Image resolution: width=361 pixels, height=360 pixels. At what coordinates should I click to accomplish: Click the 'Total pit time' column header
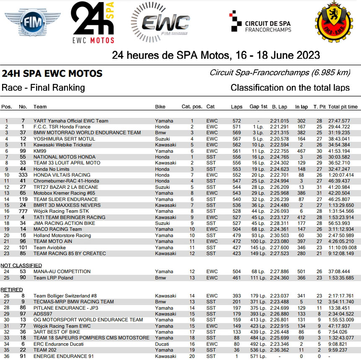pos(343,107)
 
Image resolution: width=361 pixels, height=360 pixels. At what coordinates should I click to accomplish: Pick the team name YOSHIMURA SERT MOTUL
pos(64,139)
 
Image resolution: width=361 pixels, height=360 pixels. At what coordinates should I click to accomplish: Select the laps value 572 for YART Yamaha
pos(236,121)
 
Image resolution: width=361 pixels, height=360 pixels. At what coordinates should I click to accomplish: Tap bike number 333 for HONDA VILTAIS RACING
pos(23,175)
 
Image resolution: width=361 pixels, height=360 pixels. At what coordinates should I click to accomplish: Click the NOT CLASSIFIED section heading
pos(21,266)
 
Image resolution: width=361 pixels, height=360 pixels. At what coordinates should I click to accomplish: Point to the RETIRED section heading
pos(11,290)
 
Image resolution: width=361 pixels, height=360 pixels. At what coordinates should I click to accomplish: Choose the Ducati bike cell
pos(162,344)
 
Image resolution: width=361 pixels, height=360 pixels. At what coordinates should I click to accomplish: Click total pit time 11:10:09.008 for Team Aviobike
pos(343,248)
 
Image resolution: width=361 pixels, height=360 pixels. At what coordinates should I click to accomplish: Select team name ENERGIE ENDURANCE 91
pos(63,356)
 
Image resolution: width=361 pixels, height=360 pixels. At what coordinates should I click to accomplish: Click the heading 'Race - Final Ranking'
pos(43,88)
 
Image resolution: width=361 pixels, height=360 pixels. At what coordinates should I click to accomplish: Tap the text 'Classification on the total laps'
pos(290,88)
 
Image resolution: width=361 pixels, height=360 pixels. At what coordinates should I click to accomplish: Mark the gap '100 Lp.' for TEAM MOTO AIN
pos(258,241)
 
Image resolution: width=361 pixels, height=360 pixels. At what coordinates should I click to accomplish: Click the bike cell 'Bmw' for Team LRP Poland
pos(160,278)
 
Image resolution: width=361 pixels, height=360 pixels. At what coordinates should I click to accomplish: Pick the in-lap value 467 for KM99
pos(301,151)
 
